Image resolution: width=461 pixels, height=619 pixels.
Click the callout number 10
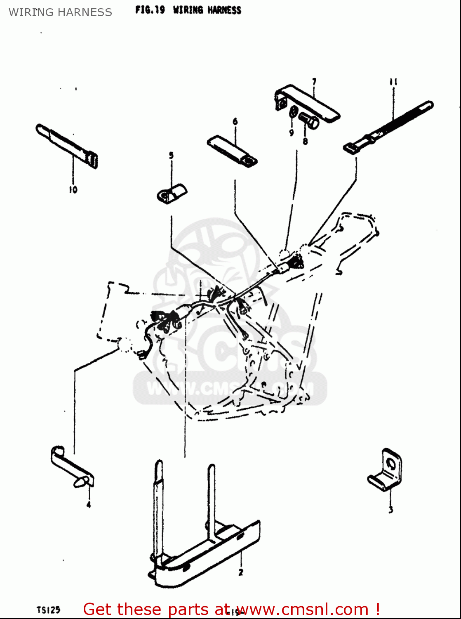[x=73, y=190]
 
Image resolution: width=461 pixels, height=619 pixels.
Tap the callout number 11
[x=393, y=82]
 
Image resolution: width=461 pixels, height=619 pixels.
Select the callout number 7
[x=314, y=81]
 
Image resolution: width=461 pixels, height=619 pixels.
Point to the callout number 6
[x=235, y=121]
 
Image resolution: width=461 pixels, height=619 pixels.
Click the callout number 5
[x=171, y=156]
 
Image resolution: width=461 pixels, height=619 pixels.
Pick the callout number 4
[x=89, y=504]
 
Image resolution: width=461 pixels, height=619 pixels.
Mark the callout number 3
[x=390, y=510]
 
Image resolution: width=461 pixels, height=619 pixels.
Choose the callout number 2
[x=241, y=572]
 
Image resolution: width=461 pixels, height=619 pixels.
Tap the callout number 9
[x=291, y=132]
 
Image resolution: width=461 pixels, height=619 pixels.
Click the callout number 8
[x=305, y=142]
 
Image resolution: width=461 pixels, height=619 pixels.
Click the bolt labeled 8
[x=308, y=121]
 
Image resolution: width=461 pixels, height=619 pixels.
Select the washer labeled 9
[x=293, y=112]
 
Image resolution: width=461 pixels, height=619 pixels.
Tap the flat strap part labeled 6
[x=232, y=151]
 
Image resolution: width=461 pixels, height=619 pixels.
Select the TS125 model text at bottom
[x=48, y=610]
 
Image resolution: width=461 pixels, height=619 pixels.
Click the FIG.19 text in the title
[x=150, y=10]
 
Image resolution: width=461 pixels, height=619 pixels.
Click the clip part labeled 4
[x=72, y=468]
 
